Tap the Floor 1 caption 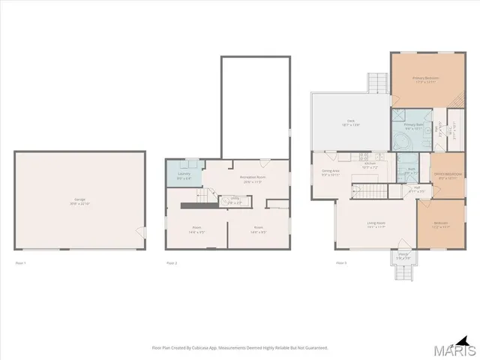click(x=20, y=263)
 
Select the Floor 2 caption click(x=171, y=263)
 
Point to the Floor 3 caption click(x=341, y=263)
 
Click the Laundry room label click(x=184, y=176)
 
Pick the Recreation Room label click(x=250, y=178)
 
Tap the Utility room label click(x=235, y=199)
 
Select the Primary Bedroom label click(x=425, y=79)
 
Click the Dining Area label click(x=330, y=173)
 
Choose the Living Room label click(x=376, y=224)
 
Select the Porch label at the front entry click(x=402, y=256)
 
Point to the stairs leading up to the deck click(x=376, y=82)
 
